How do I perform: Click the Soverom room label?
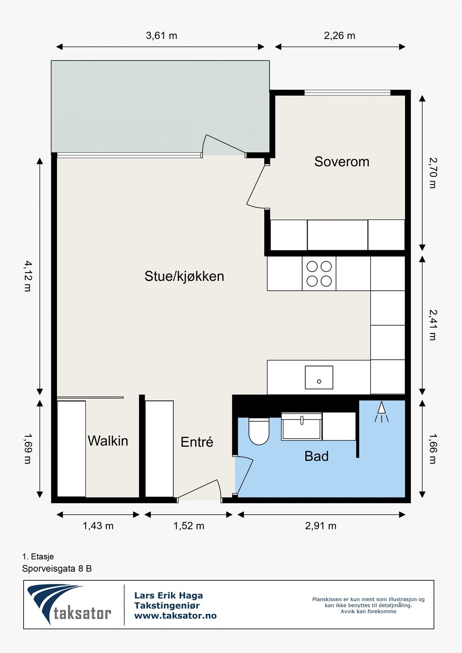click(342, 162)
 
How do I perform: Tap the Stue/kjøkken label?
click(184, 276)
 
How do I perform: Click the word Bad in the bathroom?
click(316, 456)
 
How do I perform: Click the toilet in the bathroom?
click(259, 431)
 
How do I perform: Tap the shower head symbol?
click(382, 412)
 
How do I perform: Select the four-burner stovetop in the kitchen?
click(319, 273)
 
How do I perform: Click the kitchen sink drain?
click(319, 381)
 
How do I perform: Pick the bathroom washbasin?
click(301, 426)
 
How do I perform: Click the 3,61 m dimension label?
click(161, 36)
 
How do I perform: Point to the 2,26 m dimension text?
click(340, 36)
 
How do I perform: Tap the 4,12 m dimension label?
click(28, 276)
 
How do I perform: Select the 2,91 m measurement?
click(321, 526)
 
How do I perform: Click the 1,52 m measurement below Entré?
click(189, 526)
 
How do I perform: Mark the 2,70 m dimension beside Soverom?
click(433, 173)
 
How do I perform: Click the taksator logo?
click(69, 604)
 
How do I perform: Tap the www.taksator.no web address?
click(175, 615)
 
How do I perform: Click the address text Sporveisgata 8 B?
click(57, 569)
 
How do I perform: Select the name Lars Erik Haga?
click(168, 595)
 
